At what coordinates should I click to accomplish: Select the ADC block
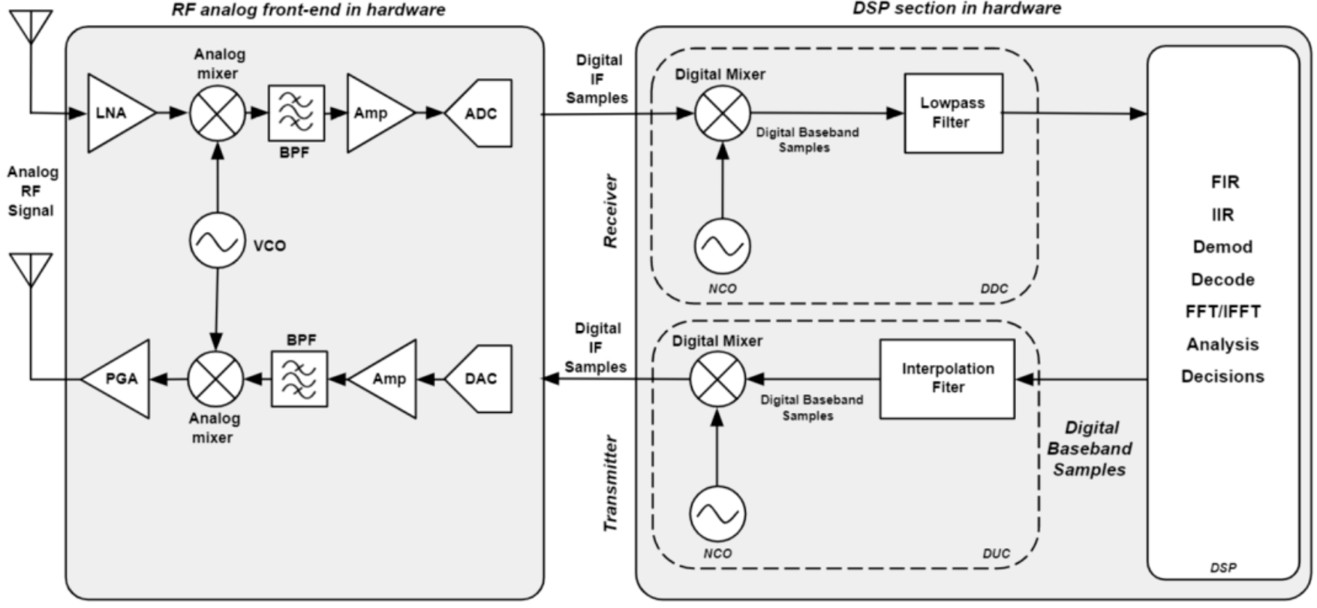pos(480,113)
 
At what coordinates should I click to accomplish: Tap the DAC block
pos(480,379)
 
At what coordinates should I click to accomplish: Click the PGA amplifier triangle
pos(120,379)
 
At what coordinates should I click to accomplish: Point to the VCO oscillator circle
pos(218,241)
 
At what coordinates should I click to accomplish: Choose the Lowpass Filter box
pos(953,113)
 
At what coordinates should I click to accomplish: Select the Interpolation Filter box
pos(947,379)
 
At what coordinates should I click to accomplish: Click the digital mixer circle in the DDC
pos(723,113)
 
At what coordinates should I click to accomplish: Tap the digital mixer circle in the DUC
pos(718,379)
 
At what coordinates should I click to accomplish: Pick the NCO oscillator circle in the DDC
pos(723,245)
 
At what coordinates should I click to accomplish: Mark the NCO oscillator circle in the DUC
pos(718,513)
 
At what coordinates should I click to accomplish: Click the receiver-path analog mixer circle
pos(218,113)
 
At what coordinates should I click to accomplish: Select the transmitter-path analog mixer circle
pos(215,379)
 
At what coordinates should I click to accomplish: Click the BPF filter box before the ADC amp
pos(296,113)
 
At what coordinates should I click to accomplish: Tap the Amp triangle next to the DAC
pos(386,379)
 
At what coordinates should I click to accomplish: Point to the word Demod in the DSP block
pos(1222,247)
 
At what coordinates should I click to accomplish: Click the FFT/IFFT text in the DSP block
pos(1222,312)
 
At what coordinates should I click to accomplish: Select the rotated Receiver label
pos(611,211)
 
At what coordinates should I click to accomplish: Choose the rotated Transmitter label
pos(611,484)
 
